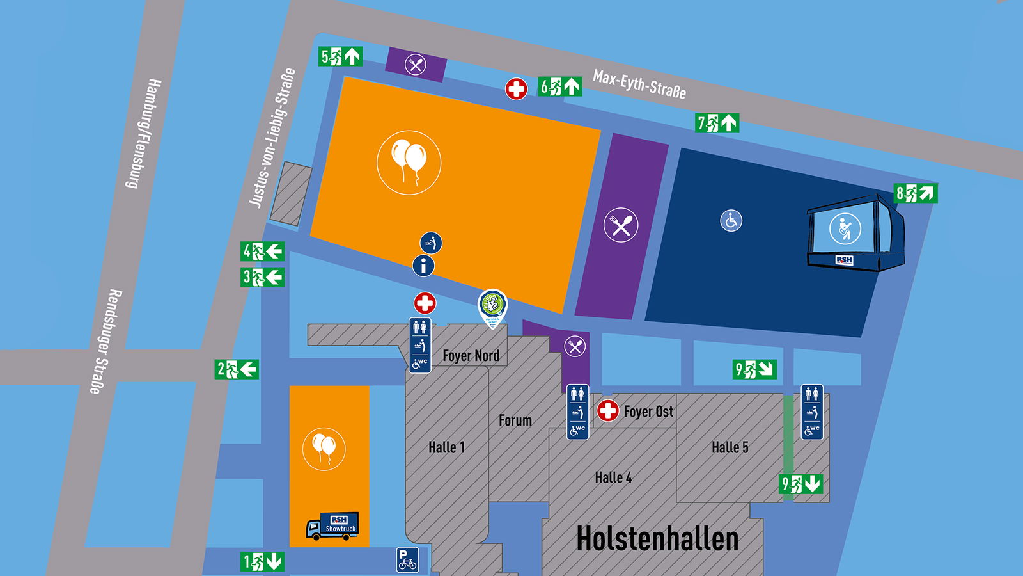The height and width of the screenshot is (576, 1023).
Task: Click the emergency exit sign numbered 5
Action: point(340,56)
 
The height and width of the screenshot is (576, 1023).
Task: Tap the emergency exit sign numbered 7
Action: point(717,122)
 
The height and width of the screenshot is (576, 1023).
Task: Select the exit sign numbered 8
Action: point(916,193)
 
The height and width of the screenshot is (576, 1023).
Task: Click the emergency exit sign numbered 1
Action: point(262,562)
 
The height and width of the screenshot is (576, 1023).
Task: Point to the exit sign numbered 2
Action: point(237,369)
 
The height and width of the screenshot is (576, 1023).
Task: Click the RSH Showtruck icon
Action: point(332,525)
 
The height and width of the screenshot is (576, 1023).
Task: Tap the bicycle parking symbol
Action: point(407,560)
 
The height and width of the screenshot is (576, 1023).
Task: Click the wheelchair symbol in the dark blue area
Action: point(731,221)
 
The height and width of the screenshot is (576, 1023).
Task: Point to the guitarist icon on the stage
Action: point(845,228)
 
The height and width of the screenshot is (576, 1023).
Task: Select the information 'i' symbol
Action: point(423,266)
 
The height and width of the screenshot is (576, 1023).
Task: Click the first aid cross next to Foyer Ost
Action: point(607,410)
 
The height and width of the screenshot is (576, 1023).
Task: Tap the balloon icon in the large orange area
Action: point(409,163)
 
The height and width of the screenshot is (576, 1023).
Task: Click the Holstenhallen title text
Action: point(657,538)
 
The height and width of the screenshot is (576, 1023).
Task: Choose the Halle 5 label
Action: point(730,447)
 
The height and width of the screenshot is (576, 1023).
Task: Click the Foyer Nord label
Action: point(471,355)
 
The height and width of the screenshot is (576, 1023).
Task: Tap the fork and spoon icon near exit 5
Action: point(416,65)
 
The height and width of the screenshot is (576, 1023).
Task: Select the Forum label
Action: point(515,420)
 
